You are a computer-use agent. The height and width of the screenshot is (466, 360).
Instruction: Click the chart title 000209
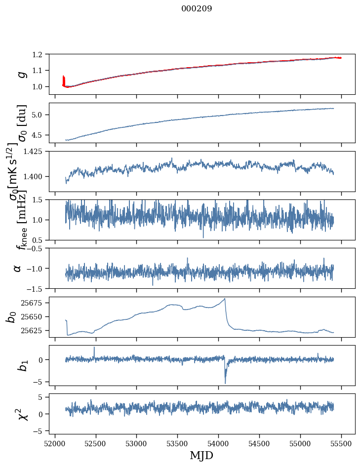[197, 8]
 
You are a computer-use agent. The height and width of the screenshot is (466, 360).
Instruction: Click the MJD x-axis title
[201, 455]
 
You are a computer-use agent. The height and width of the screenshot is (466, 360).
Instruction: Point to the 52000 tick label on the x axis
[55, 444]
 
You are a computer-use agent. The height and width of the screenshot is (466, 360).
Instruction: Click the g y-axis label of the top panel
[21, 74]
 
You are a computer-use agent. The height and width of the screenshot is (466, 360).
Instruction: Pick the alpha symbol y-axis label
[17, 268]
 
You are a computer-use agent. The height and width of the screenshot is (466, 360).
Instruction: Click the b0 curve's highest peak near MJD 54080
[225, 299]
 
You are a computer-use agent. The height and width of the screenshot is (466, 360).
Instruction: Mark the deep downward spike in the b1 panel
[225, 383]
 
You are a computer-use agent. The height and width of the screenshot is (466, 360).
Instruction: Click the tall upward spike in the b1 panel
[94, 348]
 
